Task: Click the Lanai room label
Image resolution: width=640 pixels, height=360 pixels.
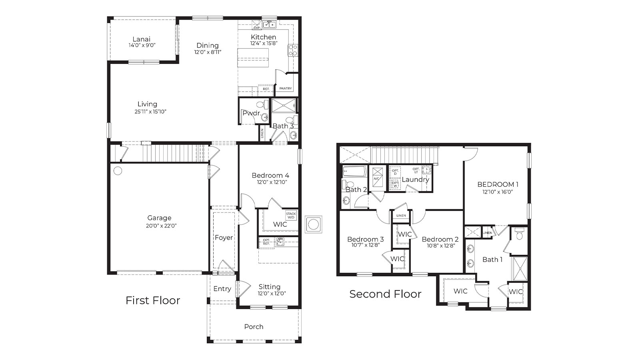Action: click(142, 39)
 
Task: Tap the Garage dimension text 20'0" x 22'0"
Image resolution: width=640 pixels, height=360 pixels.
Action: click(159, 226)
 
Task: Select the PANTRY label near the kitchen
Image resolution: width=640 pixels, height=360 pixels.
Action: click(286, 88)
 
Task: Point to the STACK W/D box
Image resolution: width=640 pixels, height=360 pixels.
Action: click(291, 215)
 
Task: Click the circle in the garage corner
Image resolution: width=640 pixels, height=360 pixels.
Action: click(118, 171)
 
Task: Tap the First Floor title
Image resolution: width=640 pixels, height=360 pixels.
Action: click(153, 300)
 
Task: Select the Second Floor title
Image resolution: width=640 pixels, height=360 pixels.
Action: click(385, 294)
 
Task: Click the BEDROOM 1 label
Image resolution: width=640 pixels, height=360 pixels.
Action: click(498, 184)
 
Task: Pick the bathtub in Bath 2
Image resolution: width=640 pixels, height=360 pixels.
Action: click(355, 172)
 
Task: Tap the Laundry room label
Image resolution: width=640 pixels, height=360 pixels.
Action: click(415, 180)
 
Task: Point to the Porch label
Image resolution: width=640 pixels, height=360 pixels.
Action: click(254, 327)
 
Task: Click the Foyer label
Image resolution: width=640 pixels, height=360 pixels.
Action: click(224, 238)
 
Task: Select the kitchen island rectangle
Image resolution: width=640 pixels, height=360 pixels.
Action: click(253, 58)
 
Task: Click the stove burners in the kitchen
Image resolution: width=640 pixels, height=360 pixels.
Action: click(293, 50)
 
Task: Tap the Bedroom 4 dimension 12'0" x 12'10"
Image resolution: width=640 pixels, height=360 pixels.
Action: click(272, 182)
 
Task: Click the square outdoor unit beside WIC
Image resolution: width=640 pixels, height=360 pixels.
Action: click(314, 224)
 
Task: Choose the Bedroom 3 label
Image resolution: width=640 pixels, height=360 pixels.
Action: click(365, 239)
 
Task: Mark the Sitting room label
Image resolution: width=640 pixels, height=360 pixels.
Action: click(269, 287)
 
